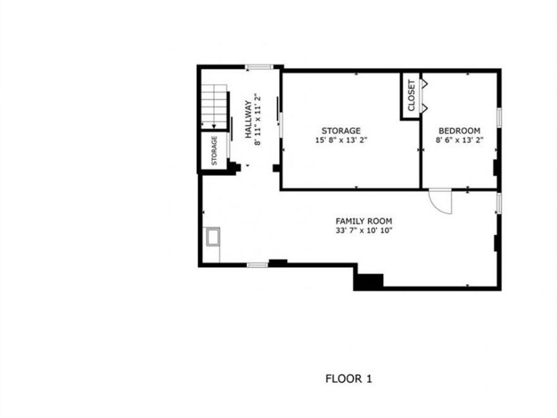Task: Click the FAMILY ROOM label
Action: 363,221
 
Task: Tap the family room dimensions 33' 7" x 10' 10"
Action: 363,230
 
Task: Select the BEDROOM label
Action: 459,131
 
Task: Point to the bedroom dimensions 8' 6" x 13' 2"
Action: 459,140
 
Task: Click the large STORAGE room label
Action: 340,131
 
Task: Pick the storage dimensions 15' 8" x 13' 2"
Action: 340,140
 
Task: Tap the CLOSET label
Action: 412,96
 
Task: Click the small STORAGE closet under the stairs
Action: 214,150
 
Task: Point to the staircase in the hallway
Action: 214,105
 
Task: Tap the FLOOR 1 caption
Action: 348,378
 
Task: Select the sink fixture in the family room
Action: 213,237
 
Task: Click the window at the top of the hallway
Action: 258,67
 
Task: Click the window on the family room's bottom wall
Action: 257,265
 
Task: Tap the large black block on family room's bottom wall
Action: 368,281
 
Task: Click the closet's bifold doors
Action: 424,96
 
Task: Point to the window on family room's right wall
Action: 498,203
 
